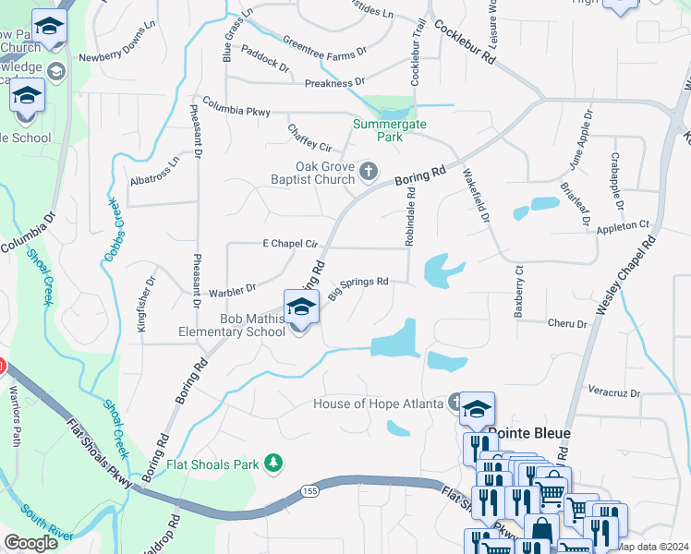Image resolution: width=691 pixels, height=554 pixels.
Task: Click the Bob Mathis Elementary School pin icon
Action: pyautogui.click(x=301, y=307)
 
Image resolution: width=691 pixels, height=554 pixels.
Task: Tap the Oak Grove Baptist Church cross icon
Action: pyautogui.click(x=369, y=170)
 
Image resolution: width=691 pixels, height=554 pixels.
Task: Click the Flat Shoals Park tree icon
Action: pyautogui.click(x=273, y=462)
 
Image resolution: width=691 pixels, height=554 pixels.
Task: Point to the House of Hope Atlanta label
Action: pyautogui.click(x=380, y=403)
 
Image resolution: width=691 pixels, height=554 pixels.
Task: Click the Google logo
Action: pyautogui.click(x=31, y=541)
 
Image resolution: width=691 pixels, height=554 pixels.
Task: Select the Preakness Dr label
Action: pyautogui.click(x=334, y=83)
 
